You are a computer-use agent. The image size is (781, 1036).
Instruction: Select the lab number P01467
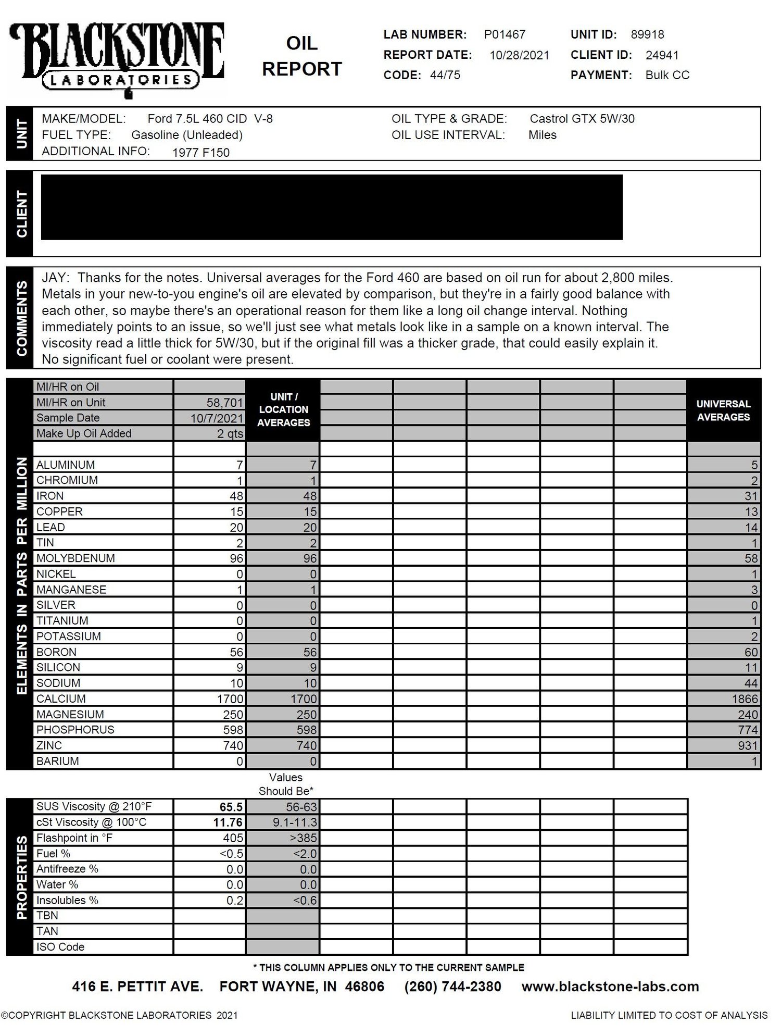tap(505, 34)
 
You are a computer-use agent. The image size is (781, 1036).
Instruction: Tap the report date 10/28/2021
tap(519, 55)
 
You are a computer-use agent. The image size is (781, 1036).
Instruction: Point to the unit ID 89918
tap(647, 34)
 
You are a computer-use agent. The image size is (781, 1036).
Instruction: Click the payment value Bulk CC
tap(667, 75)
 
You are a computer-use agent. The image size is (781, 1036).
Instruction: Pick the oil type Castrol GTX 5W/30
tap(582, 119)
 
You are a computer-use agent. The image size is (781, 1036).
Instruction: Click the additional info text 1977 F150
tap(200, 153)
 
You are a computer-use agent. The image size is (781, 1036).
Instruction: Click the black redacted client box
tap(331, 207)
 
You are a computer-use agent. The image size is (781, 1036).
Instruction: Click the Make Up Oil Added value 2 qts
tap(230, 434)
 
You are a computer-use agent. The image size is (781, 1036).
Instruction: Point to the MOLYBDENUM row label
tap(75, 558)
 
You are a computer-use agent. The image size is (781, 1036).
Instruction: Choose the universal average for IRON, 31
tap(750, 496)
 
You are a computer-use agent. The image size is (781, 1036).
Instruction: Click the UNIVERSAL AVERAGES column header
tap(723, 410)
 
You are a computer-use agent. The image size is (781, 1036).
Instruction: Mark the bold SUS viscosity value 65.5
tap(231, 807)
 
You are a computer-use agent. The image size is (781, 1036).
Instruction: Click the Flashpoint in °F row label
tap(74, 838)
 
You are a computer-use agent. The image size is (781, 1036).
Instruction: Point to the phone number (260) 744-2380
tap(452, 987)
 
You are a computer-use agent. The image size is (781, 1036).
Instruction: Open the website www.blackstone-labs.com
tap(610, 987)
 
